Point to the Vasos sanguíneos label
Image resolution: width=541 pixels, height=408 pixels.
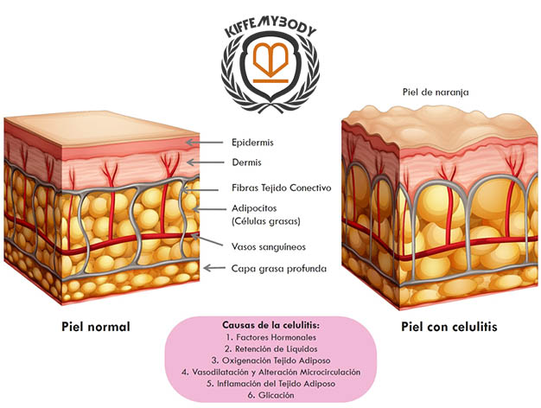click(x=269, y=246)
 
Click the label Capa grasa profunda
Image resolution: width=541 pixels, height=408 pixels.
click(x=278, y=268)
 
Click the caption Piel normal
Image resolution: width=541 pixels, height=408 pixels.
click(x=96, y=328)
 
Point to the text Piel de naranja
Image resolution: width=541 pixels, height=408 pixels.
click(x=436, y=91)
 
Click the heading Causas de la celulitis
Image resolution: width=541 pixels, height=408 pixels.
click(x=270, y=323)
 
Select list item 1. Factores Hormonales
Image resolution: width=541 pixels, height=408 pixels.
click(x=270, y=337)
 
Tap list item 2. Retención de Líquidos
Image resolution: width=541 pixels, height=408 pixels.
click(x=270, y=348)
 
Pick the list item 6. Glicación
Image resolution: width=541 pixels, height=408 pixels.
click(x=270, y=395)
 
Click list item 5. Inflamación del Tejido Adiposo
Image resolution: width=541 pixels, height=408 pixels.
click(x=270, y=384)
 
